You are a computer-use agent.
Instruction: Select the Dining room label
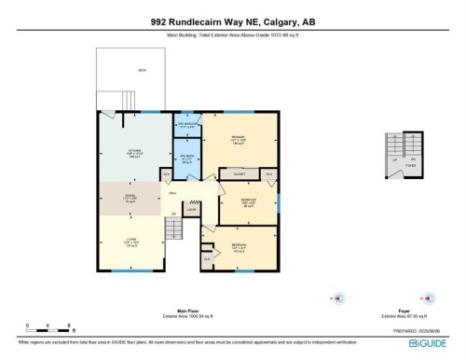131,197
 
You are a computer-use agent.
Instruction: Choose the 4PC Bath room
186,158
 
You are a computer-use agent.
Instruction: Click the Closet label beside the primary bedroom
237,174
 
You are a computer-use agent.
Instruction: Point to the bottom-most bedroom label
239,248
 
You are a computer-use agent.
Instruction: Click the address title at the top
232,23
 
